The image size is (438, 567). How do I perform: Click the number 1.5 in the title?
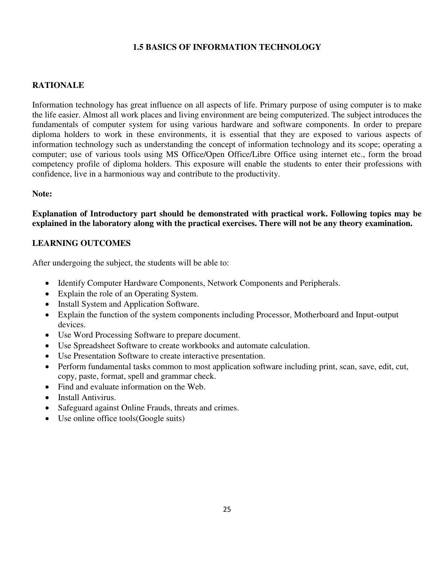coord(138,47)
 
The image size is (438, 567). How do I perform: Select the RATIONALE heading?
coord(58,86)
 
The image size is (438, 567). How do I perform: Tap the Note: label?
coord(42,194)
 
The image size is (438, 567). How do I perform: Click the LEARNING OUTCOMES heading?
coord(81,243)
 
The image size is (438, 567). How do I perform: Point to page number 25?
coord(227,510)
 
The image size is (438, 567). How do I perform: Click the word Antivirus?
coord(99,398)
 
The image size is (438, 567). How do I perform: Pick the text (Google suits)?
coord(160,419)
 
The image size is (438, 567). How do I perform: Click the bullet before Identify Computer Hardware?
coord(47,284)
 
